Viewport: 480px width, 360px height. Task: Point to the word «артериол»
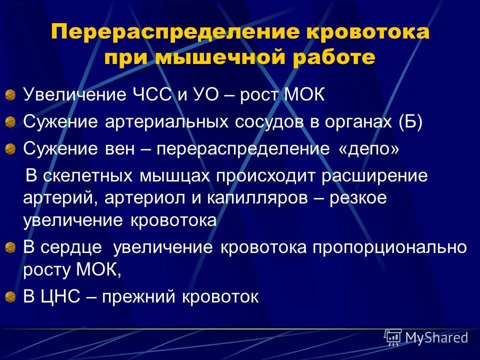point(142,198)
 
